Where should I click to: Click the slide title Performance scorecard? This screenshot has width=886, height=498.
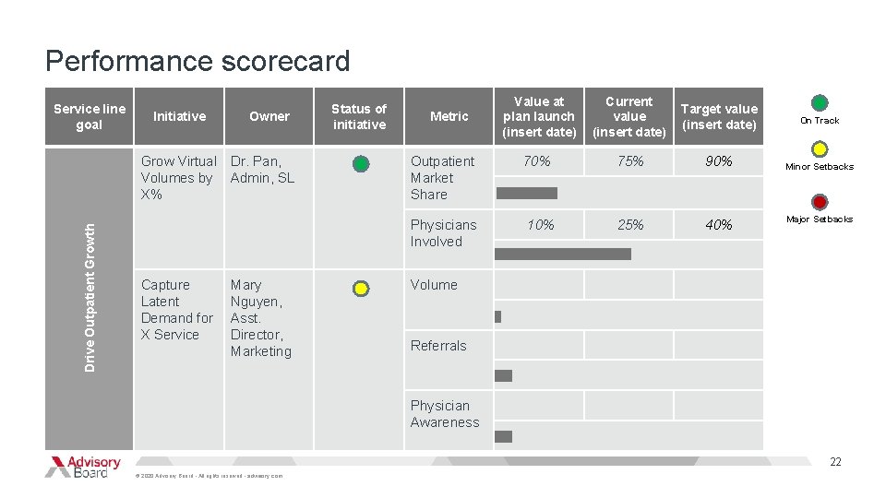(198, 61)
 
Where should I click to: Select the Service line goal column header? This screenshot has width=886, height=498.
(90, 116)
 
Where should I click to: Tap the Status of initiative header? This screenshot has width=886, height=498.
(359, 116)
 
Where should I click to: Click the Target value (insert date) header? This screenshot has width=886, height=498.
(718, 116)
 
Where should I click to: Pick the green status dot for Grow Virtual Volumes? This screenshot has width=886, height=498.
(361, 164)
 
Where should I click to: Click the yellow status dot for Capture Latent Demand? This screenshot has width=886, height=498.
(361, 289)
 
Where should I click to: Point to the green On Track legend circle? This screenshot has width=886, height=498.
(819, 102)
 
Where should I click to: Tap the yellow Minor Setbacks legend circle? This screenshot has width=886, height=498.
(819, 149)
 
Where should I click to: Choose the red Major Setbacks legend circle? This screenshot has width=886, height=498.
(819, 202)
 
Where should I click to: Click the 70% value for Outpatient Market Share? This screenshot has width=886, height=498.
(536, 161)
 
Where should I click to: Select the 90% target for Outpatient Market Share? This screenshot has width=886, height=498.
(718, 161)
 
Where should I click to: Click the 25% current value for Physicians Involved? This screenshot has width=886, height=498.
(629, 225)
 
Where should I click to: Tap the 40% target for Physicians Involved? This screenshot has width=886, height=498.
(718, 225)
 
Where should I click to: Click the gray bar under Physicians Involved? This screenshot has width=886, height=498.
(563, 254)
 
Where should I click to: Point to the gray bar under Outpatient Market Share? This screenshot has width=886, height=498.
(527, 194)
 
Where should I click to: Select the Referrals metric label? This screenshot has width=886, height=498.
(438, 346)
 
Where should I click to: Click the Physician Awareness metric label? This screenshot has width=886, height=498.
(445, 414)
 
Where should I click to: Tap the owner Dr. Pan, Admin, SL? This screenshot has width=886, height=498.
(262, 170)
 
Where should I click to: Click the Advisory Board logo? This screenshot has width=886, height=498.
(83, 467)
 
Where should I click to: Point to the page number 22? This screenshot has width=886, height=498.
(835, 462)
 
